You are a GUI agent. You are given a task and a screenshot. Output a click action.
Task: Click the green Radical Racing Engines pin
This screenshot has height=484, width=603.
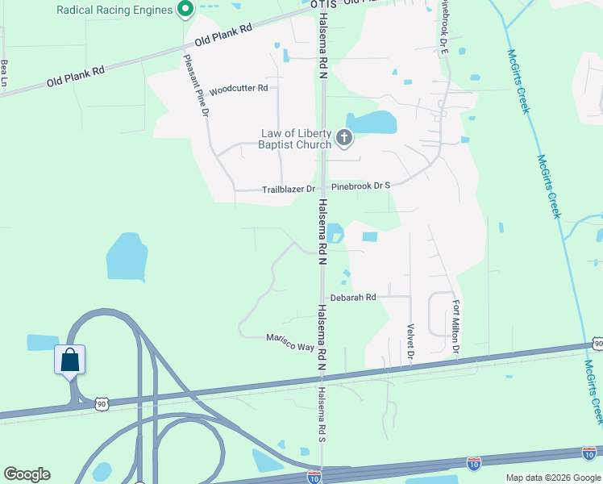coord(185,10)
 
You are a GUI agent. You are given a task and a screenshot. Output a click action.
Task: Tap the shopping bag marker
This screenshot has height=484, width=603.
coord(69,360)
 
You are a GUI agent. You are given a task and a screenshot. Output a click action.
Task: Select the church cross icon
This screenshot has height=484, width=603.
coord(344,139)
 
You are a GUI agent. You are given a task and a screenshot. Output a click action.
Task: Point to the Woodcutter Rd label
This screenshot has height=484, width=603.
coord(238,90)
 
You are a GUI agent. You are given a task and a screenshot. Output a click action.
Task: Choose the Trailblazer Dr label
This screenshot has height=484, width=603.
coord(289,190)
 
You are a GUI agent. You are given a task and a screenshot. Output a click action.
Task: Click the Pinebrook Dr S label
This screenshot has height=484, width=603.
coord(360,186)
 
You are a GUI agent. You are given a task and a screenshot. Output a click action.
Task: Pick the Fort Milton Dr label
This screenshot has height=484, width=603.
coord(455,327)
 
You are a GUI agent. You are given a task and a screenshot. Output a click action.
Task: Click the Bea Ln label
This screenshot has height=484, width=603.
coord(5,73)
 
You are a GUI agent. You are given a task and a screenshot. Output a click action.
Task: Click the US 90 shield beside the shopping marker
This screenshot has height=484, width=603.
coord(100,402)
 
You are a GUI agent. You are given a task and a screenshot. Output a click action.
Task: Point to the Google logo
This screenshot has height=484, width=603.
coord(27,474)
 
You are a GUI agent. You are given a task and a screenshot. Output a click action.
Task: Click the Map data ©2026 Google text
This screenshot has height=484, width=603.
coord(553,478)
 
